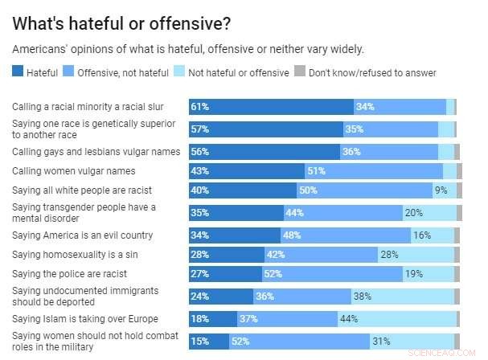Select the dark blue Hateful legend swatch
tap(18, 73)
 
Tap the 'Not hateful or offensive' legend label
tap(238, 73)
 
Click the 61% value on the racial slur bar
tap(201, 107)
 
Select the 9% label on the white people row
tap(441, 191)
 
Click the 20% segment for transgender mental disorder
tap(414, 213)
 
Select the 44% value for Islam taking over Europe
tap(351, 319)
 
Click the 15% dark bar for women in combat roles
tap(201, 341)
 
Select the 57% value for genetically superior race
tap(201, 129)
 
